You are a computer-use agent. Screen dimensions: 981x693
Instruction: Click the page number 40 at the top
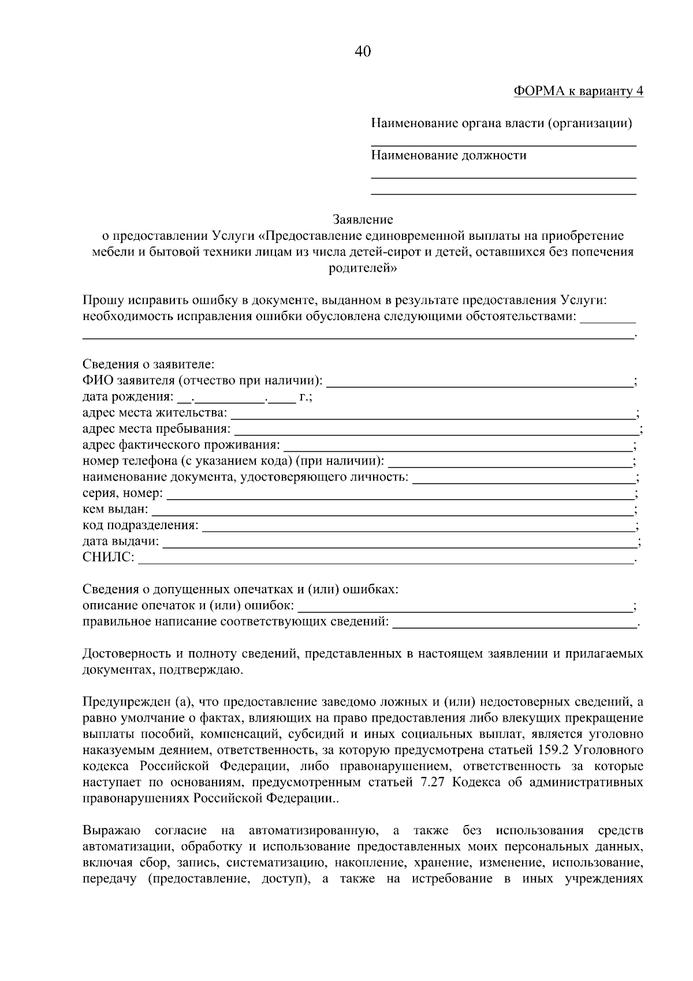click(362, 51)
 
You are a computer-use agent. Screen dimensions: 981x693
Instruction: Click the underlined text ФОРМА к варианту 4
click(577, 91)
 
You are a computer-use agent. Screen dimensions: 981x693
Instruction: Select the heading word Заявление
click(363, 220)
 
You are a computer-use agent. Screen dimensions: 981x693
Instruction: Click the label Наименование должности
click(448, 155)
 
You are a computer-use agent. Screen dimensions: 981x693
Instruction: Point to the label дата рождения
click(127, 397)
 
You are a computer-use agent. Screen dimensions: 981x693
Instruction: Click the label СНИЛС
click(108, 558)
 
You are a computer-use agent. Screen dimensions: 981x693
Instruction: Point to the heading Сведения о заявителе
click(148, 365)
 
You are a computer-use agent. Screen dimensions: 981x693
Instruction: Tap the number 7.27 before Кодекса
click(437, 783)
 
